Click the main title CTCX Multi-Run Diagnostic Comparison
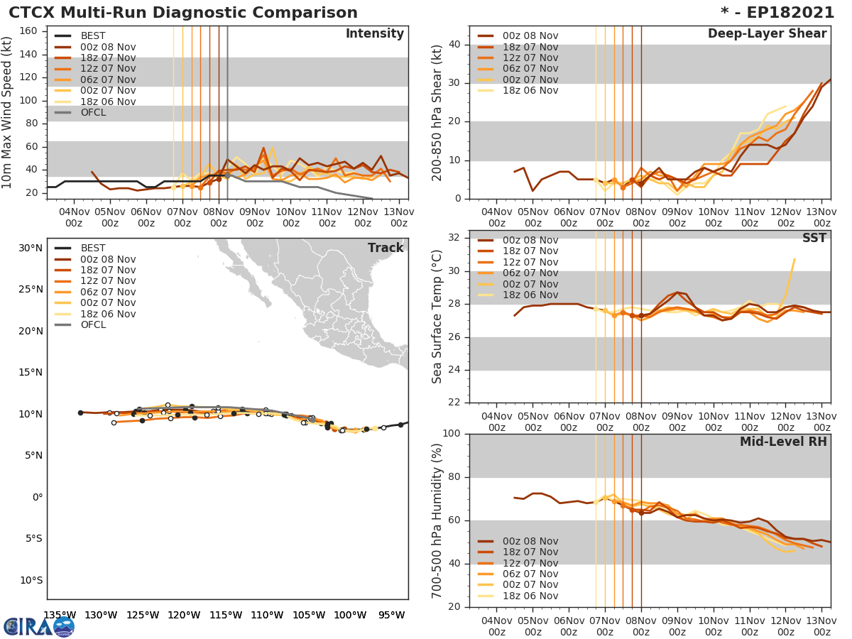click(183, 13)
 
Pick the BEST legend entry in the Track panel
click(93, 248)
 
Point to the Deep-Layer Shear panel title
click(767, 34)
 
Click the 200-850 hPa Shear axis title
click(437, 112)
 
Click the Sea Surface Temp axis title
click(437, 317)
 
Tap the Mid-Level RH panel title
click(783, 442)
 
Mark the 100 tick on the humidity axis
click(452, 433)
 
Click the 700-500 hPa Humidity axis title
click(437, 520)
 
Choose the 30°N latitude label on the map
click(31, 248)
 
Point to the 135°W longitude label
click(60, 615)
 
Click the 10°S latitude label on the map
click(31, 580)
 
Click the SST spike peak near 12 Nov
click(794, 259)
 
